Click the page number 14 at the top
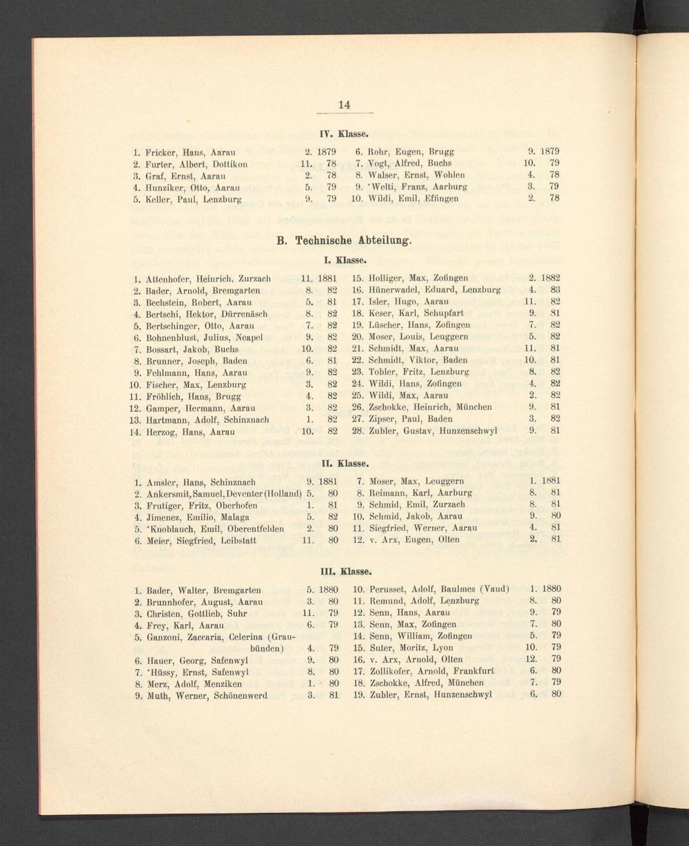point(344,105)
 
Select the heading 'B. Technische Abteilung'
point(344,241)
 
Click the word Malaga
point(235,517)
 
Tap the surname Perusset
point(392,589)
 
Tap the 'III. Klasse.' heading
point(344,571)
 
